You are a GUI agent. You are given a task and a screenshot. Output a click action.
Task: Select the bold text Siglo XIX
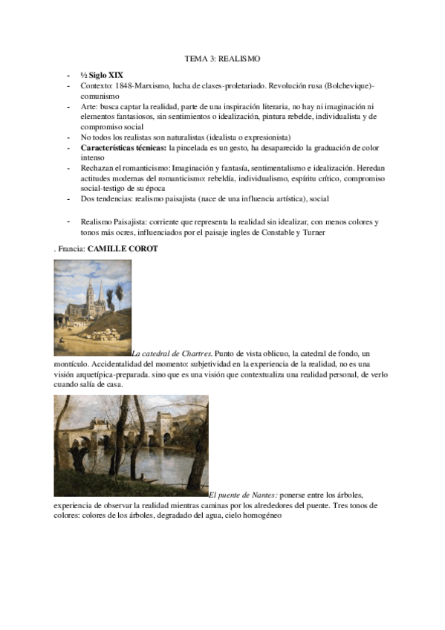point(108,77)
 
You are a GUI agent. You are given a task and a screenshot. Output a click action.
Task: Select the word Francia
point(71,248)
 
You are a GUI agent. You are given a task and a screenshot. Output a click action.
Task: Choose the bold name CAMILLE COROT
point(123,248)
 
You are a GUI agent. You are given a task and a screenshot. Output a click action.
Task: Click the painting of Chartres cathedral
point(92,308)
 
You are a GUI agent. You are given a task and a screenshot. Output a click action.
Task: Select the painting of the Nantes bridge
point(131,446)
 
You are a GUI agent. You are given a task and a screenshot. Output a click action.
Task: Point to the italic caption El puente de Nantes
point(244,494)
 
